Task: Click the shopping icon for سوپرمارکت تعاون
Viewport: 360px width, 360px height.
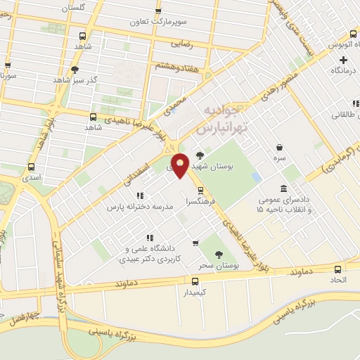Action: point(158,11)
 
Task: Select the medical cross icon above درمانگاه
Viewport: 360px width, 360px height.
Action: point(343,60)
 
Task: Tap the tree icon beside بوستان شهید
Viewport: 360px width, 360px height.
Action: point(200,156)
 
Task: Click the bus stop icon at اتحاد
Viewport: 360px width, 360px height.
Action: point(337,269)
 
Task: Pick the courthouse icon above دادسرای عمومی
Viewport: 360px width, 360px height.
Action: point(283,189)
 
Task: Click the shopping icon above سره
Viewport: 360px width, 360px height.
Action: point(280,147)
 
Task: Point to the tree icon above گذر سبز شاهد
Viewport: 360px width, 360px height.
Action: point(75,69)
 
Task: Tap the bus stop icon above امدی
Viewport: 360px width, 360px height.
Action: point(30,167)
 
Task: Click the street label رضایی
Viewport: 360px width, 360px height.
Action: point(181,44)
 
